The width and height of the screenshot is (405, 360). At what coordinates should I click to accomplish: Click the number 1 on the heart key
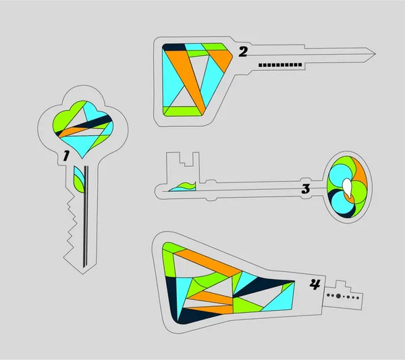(x=66, y=156)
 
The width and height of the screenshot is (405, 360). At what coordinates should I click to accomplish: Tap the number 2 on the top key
(x=243, y=52)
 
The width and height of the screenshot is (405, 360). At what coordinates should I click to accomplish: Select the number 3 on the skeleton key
(x=306, y=189)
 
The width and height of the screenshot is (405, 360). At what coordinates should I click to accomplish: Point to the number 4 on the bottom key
(x=315, y=284)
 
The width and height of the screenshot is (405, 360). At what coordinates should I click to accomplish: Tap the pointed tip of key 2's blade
(x=375, y=54)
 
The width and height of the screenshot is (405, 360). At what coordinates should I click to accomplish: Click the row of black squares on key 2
(x=280, y=65)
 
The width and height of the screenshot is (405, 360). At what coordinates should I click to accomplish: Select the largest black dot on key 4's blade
(x=338, y=296)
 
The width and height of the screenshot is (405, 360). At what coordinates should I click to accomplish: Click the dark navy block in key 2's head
(x=173, y=47)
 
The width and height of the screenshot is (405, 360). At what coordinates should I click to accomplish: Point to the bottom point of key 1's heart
(x=82, y=158)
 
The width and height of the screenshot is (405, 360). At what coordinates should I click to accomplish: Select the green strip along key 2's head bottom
(x=182, y=111)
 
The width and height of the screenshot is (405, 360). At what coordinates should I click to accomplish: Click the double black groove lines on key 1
(x=86, y=216)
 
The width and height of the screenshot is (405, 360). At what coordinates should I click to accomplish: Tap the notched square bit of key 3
(x=183, y=168)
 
